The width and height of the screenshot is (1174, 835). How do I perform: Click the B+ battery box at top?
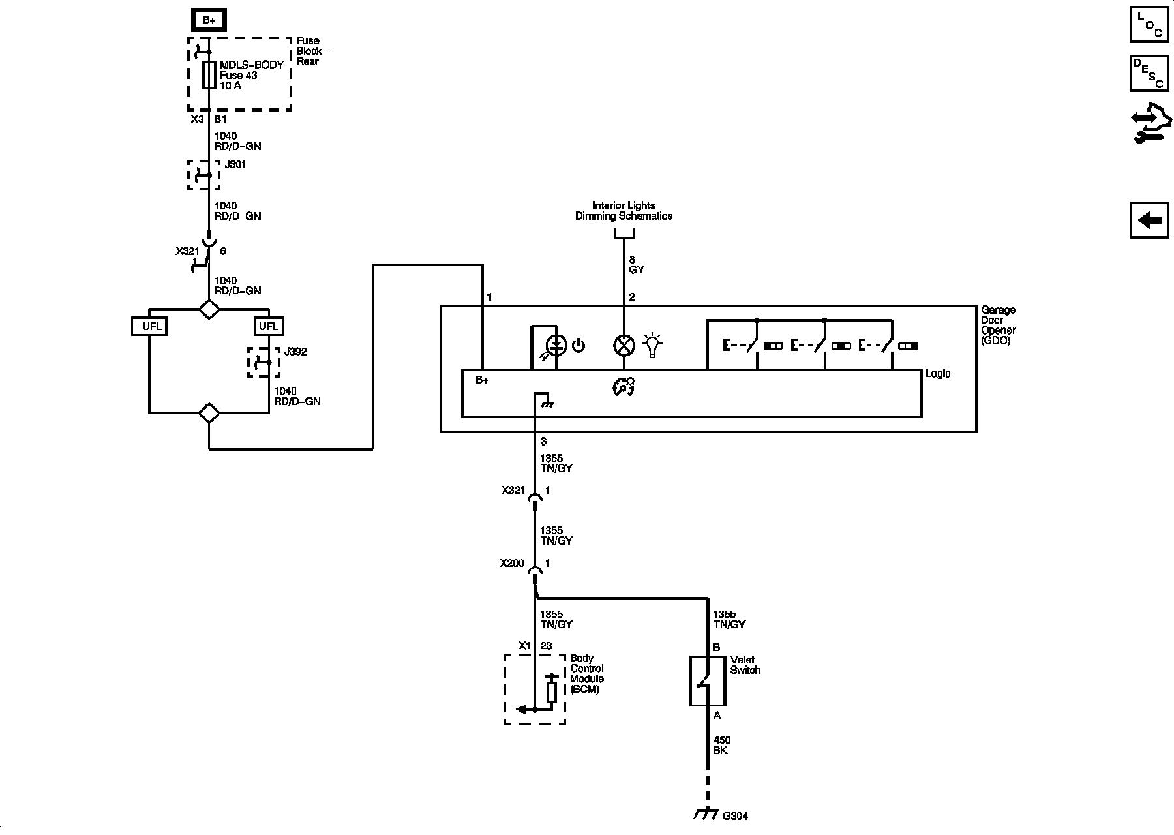[209, 20]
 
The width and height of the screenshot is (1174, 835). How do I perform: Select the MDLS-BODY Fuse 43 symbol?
[209, 75]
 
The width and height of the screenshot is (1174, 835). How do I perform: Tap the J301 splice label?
[235, 164]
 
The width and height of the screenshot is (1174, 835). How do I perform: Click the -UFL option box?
[149, 326]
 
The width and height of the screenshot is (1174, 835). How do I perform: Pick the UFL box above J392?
[269, 326]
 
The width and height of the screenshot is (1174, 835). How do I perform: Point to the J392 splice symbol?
[263, 362]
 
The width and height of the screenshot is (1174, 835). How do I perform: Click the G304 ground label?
[735, 815]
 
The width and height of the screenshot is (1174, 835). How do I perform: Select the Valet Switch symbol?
[708, 681]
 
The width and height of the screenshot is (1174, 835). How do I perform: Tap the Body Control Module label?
[587, 674]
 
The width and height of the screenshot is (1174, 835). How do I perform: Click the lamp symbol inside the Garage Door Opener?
[624, 345]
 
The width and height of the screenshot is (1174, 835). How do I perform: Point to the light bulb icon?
[652, 345]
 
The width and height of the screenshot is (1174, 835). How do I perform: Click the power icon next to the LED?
[578, 345]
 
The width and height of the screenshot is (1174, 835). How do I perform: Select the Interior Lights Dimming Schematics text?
[624, 211]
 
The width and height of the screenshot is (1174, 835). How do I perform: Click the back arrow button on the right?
[1149, 220]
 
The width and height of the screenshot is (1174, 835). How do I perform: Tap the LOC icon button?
[1149, 25]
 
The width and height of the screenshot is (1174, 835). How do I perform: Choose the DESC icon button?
[1149, 74]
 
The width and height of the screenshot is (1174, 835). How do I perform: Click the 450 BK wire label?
[721, 745]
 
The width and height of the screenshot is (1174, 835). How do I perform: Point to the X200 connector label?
[512, 563]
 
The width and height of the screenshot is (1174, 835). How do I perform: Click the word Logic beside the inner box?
[938, 374]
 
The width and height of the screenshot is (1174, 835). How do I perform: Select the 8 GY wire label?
[637, 264]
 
